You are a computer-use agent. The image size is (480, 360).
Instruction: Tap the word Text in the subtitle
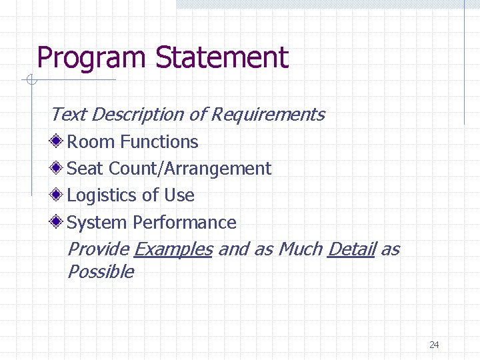coord(68,115)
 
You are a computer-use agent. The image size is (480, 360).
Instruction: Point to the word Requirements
coord(267,115)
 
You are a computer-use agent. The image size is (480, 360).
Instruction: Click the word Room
coord(89,142)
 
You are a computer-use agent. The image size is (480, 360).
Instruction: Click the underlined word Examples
coord(173,249)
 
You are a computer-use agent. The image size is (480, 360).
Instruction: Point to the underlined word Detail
coord(351,249)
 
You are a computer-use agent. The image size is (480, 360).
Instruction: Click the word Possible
coord(101,272)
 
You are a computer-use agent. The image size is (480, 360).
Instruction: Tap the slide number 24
coord(434,345)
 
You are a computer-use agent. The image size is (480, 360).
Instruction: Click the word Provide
coord(98,249)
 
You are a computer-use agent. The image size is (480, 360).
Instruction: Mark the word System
coord(97,223)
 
